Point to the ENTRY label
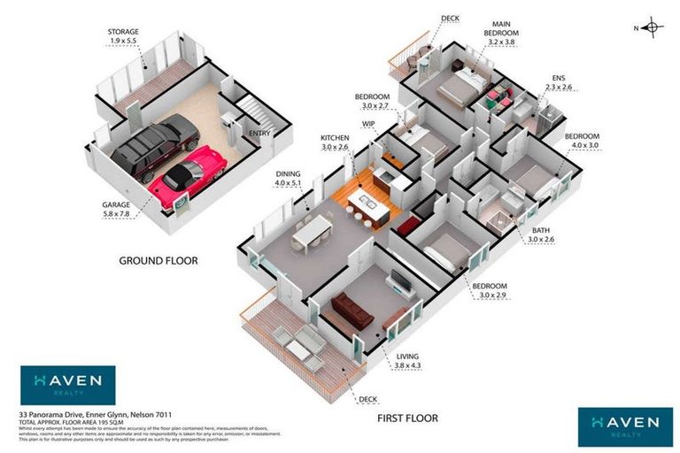click(259, 134)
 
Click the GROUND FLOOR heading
click(158, 261)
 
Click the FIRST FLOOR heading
click(407, 418)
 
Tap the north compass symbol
click(650, 27)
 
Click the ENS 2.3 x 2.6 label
click(561, 82)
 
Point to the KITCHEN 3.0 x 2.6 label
click(336, 142)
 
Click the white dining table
click(313, 232)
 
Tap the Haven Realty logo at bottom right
click(619, 426)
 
